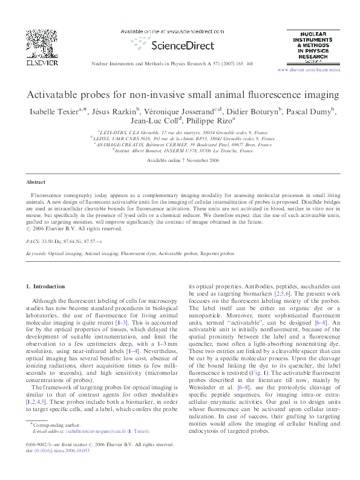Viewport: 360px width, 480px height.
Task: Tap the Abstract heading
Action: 36,181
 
